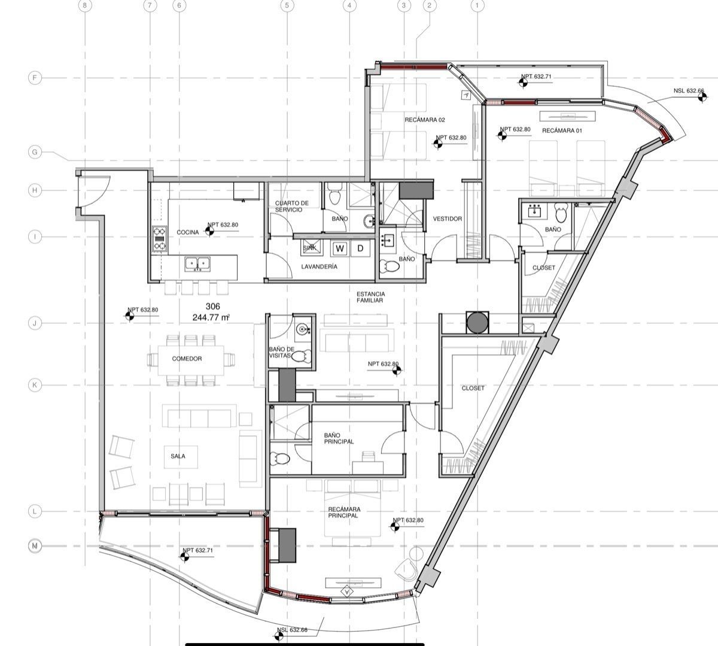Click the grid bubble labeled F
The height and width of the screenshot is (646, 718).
click(35, 78)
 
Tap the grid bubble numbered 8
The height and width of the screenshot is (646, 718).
click(85, 5)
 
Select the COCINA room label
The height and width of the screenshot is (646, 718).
click(187, 232)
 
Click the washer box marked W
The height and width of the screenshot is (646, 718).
click(340, 248)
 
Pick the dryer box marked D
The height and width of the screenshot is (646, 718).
click(360, 248)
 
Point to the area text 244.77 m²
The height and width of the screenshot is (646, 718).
click(211, 317)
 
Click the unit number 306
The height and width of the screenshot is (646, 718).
click(212, 307)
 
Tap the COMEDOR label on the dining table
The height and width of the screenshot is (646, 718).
click(187, 359)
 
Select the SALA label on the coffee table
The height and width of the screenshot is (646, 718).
click(178, 456)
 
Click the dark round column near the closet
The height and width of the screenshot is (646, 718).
click(477, 323)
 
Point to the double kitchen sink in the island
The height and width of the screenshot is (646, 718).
click(197, 265)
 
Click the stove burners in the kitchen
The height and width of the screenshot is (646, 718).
click(160, 238)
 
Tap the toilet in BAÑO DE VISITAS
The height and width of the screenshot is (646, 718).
click(302, 356)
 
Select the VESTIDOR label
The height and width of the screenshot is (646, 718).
click(448, 219)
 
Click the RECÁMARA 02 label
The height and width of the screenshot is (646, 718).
click(425, 120)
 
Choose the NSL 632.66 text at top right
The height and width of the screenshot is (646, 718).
click(689, 90)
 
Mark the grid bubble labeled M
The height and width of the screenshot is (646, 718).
click(35, 546)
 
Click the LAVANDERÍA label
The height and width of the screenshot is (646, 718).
click(319, 266)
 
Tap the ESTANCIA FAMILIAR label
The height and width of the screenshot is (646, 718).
click(370, 297)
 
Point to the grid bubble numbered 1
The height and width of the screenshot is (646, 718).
click(477, 5)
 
